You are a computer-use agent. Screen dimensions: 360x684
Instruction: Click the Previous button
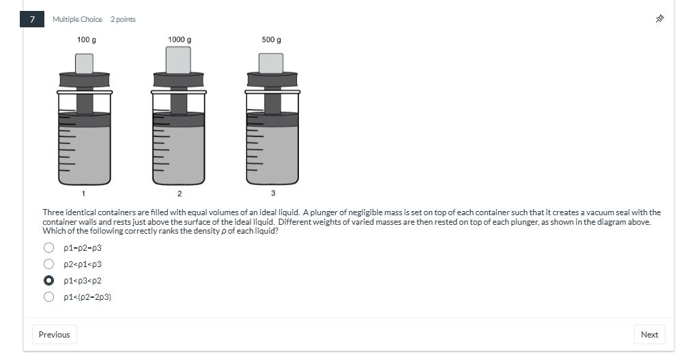pos(54,334)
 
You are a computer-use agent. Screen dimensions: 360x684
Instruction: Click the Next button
pos(649,334)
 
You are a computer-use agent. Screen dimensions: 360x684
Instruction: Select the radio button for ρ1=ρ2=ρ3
pos(49,247)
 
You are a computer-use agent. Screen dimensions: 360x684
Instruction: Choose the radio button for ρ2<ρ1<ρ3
pos(49,264)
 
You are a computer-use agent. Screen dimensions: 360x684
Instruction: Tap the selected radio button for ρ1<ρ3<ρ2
pos(49,280)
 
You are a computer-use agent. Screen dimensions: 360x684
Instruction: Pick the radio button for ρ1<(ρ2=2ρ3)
pos(49,296)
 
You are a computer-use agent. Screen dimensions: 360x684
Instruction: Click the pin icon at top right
pos(659,19)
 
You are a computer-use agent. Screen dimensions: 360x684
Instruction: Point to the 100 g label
pos(86,40)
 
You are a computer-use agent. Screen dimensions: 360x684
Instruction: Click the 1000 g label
pos(179,40)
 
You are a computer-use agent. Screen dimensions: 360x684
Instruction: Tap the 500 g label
pos(271,40)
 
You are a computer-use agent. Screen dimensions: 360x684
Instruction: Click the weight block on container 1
pos(85,64)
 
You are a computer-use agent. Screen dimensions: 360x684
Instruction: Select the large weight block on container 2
pos(179,61)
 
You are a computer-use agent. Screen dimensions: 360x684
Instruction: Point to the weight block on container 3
pos(271,63)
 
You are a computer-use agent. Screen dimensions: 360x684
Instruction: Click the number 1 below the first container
pos(84,193)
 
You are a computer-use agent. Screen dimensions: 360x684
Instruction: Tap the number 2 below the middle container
pos(179,193)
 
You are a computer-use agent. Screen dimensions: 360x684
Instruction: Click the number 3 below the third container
pos(272,193)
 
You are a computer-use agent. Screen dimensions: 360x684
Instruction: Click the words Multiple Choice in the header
pos(77,19)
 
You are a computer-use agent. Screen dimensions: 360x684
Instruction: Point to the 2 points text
pos(123,19)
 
